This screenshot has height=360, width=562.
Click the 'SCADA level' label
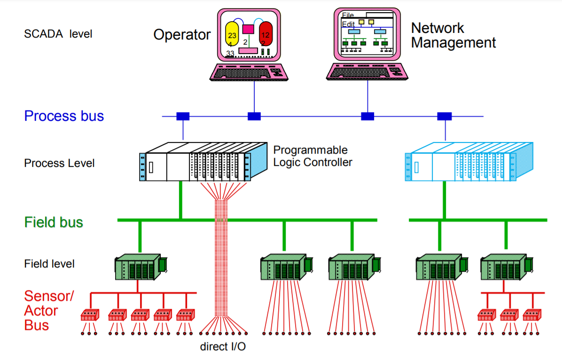pyautogui.click(x=58, y=34)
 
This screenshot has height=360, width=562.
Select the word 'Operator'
pyautogui.click(x=182, y=35)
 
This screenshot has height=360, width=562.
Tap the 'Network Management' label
pyautogui.click(x=453, y=35)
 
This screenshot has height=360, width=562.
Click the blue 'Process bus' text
pyautogui.click(x=64, y=116)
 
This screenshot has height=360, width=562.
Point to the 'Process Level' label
pyautogui.click(x=59, y=164)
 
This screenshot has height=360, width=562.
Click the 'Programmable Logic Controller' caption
pyautogui.click(x=312, y=156)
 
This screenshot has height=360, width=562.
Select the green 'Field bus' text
pyautogui.click(x=54, y=222)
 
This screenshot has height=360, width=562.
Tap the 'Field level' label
pyautogui.click(x=49, y=264)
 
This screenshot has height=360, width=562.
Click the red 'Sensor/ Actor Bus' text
pyautogui.click(x=49, y=310)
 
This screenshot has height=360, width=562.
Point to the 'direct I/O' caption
pyautogui.click(x=223, y=347)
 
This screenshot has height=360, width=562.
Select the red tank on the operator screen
pyautogui.click(x=265, y=33)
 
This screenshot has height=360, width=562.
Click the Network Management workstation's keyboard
pyautogui.click(x=367, y=72)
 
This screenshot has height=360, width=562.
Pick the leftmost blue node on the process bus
pyautogui.click(x=183, y=116)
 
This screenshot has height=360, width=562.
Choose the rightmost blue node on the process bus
pyautogui.click(x=444, y=116)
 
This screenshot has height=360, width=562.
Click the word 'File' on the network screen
pyautogui.click(x=348, y=16)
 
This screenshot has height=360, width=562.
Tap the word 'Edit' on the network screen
pyautogui.click(x=348, y=24)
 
